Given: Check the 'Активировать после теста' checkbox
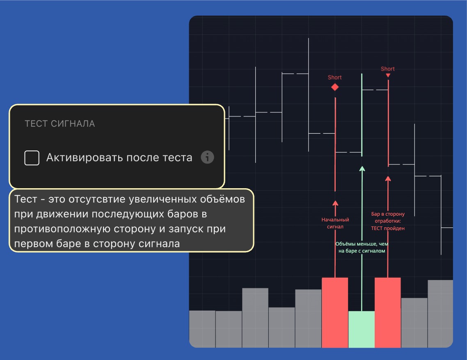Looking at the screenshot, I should [32, 158].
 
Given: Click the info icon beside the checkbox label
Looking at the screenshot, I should [207, 157].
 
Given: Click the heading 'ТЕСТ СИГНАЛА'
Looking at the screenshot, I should [60, 124].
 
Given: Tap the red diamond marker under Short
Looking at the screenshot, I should [335, 87].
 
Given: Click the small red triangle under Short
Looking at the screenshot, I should [388, 75].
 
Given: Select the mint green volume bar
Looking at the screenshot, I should [361, 329].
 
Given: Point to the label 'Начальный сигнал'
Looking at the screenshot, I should [335, 223].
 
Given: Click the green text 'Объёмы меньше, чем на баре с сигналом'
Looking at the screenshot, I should [362, 247].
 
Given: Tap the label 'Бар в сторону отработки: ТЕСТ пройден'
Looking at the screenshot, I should [388, 221].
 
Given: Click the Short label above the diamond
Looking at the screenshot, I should [335, 77].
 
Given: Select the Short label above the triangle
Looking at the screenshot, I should [388, 69].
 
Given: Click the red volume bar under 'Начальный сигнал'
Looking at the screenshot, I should [335, 312].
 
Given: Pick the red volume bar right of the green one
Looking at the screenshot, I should [388, 312].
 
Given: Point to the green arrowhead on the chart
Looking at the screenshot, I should [362, 169].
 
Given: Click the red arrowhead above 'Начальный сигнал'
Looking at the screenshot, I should [335, 203].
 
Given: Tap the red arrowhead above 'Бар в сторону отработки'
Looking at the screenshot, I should [388, 178].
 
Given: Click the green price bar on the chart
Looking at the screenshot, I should [362, 115].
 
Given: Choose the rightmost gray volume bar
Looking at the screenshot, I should [440, 313].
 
